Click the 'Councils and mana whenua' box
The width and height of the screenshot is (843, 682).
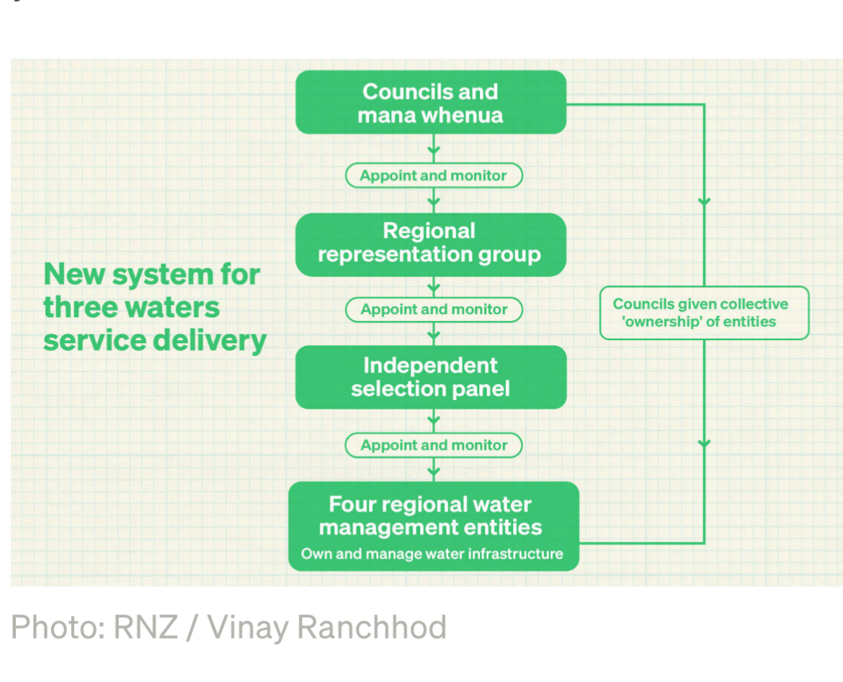tap(430, 102)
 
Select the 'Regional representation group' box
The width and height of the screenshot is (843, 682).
tap(430, 244)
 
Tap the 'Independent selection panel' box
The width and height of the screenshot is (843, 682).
tap(430, 377)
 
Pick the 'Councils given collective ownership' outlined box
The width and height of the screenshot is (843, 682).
tap(703, 313)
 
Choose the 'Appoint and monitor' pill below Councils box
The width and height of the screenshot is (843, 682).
tap(433, 176)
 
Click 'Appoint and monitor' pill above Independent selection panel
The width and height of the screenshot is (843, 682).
tap(433, 309)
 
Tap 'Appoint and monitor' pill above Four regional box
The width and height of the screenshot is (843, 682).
tap(433, 446)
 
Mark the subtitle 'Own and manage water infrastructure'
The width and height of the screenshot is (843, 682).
tap(432, 554)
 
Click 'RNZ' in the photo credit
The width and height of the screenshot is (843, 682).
tap(146, 627)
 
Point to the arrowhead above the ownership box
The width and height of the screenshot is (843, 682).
tap(704, 202)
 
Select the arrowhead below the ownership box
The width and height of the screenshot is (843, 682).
tap(704, 445)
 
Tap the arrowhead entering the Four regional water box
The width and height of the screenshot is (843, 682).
tap(433, 474)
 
